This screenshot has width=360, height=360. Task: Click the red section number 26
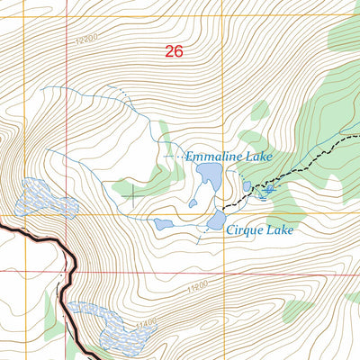coord(174,52)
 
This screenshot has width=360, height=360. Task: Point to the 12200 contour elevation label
coord(85,40)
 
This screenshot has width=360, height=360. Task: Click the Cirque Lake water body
coord(216,220)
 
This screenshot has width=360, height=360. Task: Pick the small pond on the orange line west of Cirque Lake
coord(163,224)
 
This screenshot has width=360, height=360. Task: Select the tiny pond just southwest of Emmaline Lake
coord(193,203)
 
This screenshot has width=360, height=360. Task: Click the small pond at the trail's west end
coord(247,186)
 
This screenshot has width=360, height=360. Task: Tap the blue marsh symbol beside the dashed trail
coord(266,190)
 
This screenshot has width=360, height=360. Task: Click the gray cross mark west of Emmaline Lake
coord(134,191)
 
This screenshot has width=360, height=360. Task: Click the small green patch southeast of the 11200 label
coord(297,311)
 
